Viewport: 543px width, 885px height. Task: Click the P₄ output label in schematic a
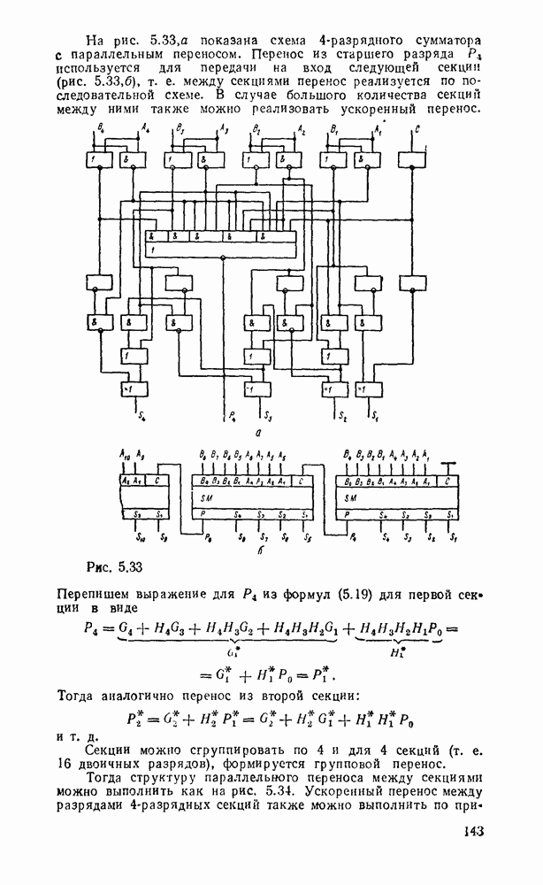[x=232, y=415]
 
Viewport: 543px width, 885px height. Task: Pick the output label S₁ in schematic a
[x=375, y=415]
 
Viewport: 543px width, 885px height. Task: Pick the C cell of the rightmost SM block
[x=448, y=481]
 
